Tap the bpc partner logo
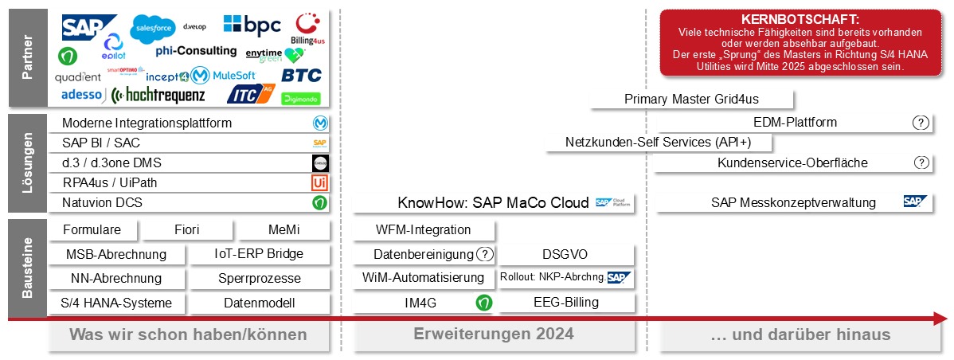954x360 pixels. click(x=252, y=25)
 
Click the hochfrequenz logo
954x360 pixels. click(x=158, y=96)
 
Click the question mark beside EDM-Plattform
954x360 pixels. click(x=921, y=123)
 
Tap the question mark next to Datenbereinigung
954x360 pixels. click(x=484, y=255)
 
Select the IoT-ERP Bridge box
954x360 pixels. click(x=260, y=255)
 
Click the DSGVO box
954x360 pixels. click(x=566, y=255)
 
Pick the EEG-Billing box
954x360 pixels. click(x=566, y=303)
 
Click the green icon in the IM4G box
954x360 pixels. click(x=483, y=303)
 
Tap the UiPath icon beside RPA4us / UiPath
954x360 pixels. click(x=319, y=182)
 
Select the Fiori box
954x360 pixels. click(x=187, y=230)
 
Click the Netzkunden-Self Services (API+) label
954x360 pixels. click(x=658, y=143)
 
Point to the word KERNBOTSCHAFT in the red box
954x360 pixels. click(x=800, y=19)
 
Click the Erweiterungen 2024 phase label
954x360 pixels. click(x=494, y=334)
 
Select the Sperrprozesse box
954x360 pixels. click(x=260, y=278)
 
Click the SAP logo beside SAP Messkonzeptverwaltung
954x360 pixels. click(x=916, y=202)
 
